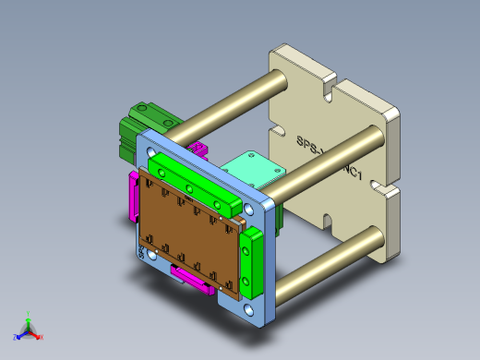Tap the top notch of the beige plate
click(324, 91)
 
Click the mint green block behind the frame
click(253, 169)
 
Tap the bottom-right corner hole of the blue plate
click(251, 313)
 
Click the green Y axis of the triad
click(29, 318)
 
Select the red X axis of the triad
click(38, 335)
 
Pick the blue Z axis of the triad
click(19, 336)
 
